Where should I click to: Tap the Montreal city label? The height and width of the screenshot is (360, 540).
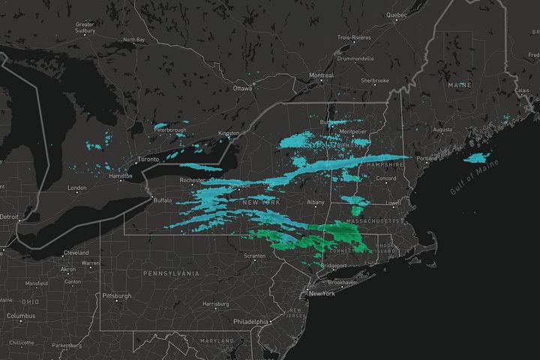click(x=321, y=76)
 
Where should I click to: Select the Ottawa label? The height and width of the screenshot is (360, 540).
click(x=242, y=88)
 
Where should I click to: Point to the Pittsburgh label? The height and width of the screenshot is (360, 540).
click(x=116, y=295)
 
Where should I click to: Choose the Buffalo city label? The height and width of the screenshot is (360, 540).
click(x=162, y=200)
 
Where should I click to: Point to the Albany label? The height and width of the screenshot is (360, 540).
click(x=316, y=202)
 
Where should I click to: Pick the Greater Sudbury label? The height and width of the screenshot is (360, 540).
click(x=85, y=28)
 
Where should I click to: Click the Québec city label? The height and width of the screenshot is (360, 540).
click(x=395, y=15)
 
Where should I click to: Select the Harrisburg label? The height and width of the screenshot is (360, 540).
click(x=215, y=304)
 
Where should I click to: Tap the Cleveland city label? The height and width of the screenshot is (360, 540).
click(x=75, y=253)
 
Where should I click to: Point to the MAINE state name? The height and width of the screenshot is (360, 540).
click(x=460, y=85)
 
